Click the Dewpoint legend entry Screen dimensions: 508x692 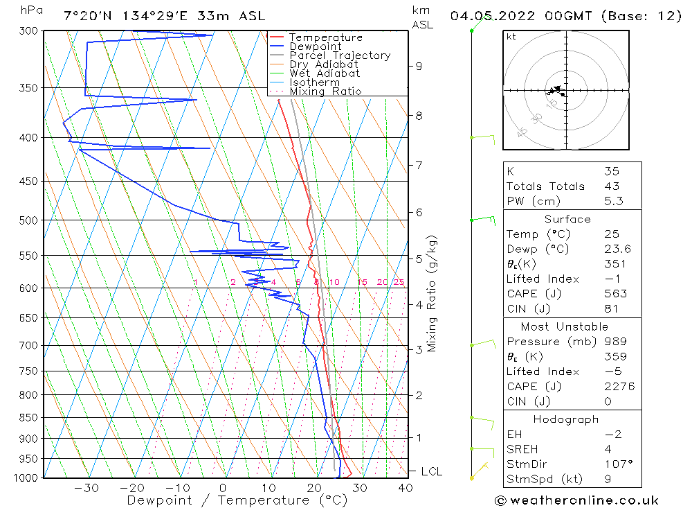(x=315, y=46)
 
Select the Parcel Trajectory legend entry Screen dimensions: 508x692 (x=340, y=55)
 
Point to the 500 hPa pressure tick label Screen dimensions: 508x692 (x=30, y=220)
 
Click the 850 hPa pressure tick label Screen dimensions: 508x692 (x=30, y=418)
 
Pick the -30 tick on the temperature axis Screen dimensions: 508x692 (x=86, y=488)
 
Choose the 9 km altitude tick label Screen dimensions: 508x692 (x=419, y=66)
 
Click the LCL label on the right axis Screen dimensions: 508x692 (x=431, y=472)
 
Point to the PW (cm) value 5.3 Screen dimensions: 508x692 (x=613, y=201)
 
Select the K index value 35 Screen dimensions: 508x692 (x=611, y=171)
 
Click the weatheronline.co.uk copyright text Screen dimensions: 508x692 (x=576, y=500)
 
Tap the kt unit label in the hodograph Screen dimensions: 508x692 (x=511, y=37)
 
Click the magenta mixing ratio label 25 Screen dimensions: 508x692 (x=399, y=282)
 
